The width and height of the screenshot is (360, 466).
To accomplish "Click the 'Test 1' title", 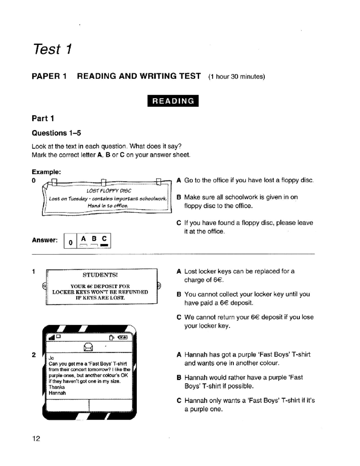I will point(52,49).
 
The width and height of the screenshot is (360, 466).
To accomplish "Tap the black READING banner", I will point(173,101).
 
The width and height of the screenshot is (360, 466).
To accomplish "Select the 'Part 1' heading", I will point(43,119).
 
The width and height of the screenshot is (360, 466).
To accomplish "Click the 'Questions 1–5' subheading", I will point(56,133).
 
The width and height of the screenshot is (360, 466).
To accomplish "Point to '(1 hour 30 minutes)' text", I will point(236,77).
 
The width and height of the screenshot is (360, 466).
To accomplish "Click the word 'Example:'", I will point(46,172).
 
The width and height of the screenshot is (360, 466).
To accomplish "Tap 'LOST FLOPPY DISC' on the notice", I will point(109,191).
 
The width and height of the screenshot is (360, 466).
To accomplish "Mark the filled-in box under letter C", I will point(104,245).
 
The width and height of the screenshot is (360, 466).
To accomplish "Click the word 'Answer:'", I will point(45,240).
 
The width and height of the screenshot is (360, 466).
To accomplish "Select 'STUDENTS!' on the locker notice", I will point(100,275).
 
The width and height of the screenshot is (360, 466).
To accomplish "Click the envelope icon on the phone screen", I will point(88,347).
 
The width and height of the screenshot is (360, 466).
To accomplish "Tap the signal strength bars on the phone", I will point(52,338).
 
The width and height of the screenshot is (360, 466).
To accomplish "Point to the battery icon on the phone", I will point(123,338).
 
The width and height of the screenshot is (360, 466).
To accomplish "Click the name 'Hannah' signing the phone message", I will point(57,393).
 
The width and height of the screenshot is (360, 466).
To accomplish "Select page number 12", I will point(36,439).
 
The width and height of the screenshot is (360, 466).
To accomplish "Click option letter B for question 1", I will point(179,294).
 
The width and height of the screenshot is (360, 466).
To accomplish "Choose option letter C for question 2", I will point(179,401).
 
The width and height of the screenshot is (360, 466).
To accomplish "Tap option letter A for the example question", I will point(179,180).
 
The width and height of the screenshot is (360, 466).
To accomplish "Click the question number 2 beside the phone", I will point(34,355).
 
